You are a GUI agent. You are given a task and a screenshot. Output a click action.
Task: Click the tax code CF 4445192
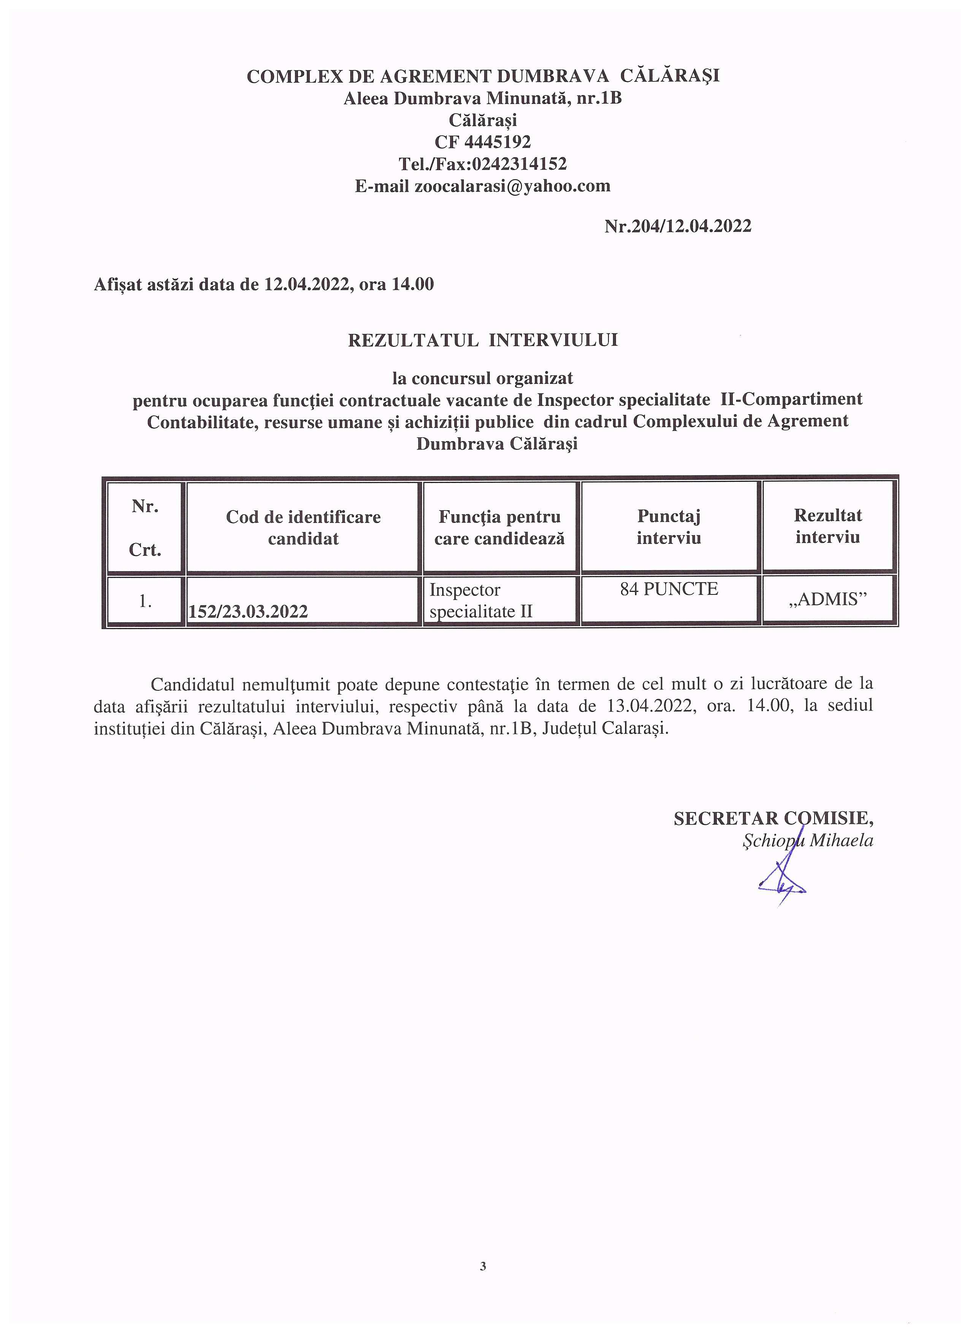tap(482, 142)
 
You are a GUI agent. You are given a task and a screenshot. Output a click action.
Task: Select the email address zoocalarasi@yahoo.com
tap(512, 186)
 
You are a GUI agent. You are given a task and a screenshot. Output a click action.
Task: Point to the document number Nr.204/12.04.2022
tap(678, 226)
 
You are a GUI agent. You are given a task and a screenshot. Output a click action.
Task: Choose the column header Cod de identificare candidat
tap(304, 528)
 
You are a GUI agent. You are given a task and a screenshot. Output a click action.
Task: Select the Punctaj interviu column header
tap(669, 527)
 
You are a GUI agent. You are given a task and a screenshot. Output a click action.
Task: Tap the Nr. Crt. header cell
tap(145, 528)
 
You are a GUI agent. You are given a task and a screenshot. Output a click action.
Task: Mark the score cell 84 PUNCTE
tap(669, 589)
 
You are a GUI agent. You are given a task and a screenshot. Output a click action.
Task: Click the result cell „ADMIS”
tap(827, 599)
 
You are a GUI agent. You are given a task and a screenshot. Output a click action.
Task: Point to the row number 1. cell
tap(145, 601)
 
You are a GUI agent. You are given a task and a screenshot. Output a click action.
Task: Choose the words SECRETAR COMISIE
tap(773, 818)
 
